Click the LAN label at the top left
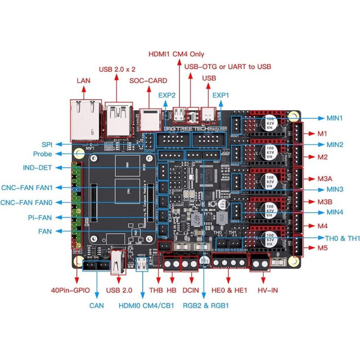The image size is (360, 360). pyautogui.click(x=84, y=81)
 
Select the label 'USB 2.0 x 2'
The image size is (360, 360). pyautogui.click(x=117, y=69)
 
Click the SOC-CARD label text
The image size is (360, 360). pyautogui.click(x=148, y=81)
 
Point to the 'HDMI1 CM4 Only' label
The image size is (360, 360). pyautogui.click(x=176, y=54)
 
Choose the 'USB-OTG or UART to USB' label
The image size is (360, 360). pyautogui.click(x=228, y=66)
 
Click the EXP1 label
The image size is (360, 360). pyautogui.click(x=221, y=95)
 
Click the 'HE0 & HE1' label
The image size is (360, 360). pyautogui.click(x=229, y=290)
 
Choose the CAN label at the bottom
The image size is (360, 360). pyautogui.click(x=96, y=306)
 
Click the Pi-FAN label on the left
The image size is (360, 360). pyautogui.click(x=39, y=217)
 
